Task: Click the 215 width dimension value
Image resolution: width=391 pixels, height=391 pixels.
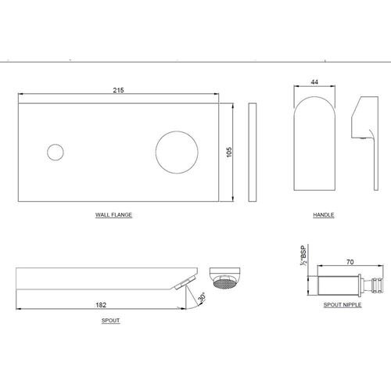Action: [118, 90]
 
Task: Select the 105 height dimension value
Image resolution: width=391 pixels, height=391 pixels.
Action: [229, 152]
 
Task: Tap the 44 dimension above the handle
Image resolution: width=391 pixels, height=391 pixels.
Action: [314, 82]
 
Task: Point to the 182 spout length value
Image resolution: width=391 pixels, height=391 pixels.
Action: [101, 305]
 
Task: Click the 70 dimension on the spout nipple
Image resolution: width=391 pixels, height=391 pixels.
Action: [350, 262]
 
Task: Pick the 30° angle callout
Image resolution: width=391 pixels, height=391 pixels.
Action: [202, 298]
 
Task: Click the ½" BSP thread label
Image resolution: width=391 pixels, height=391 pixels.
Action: [303, 256]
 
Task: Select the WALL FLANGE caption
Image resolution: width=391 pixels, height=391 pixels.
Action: [113, 215]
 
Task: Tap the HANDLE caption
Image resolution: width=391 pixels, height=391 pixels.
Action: [324, 215]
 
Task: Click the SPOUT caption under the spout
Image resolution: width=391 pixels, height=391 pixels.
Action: [111, 321]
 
